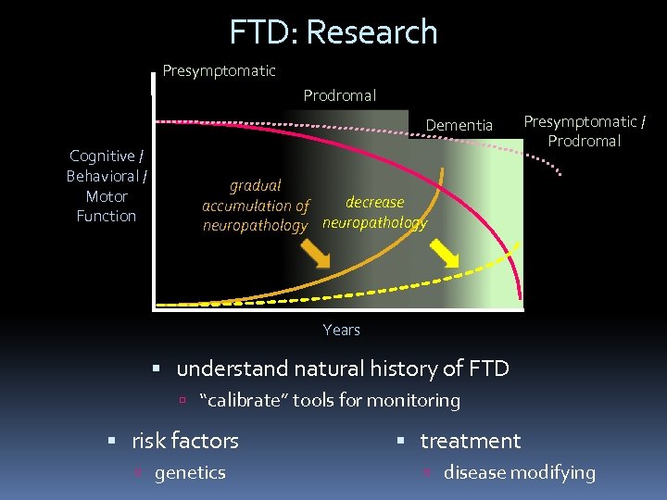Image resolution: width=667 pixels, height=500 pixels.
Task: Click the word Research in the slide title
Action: tap(371, 31)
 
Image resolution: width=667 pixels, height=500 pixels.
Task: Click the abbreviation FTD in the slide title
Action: tap(262, 31)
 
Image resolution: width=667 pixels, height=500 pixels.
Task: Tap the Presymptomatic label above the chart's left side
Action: tap(219, 70)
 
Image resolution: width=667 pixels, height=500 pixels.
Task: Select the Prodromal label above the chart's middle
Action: tap(340, 95)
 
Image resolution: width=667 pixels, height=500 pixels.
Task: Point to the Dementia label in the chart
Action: tap(459, 125)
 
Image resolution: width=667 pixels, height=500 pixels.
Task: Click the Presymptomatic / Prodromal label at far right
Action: tap(584, 131)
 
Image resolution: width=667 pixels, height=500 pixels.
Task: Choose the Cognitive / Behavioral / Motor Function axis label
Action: tap(107, 186)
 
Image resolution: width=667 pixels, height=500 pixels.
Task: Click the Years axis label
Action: tap(341, 330)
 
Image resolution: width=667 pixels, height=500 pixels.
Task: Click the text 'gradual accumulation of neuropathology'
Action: tap(256, 206)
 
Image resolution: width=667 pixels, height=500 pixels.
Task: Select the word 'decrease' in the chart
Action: tap(374, 202)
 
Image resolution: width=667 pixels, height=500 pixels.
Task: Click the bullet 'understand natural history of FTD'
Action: tap(342, 369)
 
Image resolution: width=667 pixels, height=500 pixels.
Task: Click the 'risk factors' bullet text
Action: tap(184, 441)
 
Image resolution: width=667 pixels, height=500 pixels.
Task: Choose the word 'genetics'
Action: tap(190, 472)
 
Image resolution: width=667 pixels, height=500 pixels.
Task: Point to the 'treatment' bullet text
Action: tap(471, 441)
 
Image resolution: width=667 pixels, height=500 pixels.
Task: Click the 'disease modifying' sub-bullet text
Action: tap(519, 472)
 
